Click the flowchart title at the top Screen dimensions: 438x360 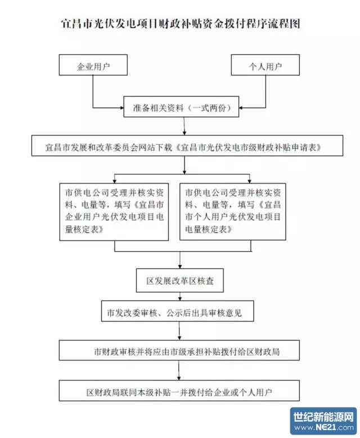click(x=180, y=24)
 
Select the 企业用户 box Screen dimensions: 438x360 click(x=93, y=66)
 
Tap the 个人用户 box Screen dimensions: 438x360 click(x=265, y=66)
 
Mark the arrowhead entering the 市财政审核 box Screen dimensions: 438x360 click(x=179, y=338)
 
